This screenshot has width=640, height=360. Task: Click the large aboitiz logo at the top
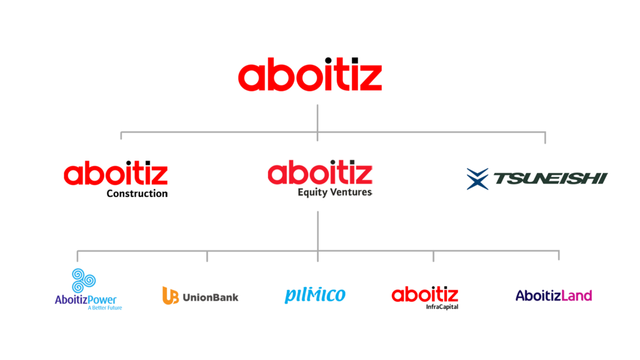310,74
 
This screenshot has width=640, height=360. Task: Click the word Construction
137,194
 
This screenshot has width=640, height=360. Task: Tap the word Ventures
351,192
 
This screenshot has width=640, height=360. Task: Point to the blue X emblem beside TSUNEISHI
477,179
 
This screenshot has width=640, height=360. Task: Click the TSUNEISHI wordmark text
551,178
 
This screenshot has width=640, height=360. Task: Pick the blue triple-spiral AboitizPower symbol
84,281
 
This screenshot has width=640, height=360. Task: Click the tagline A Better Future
105,307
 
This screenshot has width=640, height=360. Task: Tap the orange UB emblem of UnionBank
171,296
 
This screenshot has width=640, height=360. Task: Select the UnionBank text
211,297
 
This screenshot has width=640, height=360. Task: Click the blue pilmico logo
315,295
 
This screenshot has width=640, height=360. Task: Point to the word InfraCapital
442,306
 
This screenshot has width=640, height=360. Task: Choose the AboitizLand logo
554,295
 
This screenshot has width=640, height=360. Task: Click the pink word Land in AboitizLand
576,295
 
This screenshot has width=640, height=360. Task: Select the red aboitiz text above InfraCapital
425,294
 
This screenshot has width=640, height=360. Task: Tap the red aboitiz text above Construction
116,173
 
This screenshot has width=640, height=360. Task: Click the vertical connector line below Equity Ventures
317,231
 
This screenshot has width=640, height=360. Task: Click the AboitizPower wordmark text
86,300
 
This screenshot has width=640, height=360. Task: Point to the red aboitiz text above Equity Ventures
320,172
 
